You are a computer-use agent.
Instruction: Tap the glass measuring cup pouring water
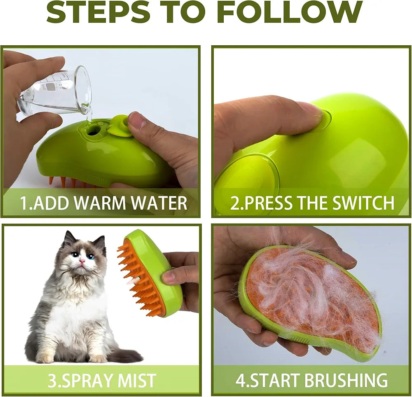(58, 91)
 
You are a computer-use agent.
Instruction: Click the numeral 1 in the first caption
(24, 203)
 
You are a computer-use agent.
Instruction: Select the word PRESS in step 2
(264, 203)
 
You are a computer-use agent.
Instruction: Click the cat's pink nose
(82, 261)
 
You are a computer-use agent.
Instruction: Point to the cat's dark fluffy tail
(124, 355)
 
